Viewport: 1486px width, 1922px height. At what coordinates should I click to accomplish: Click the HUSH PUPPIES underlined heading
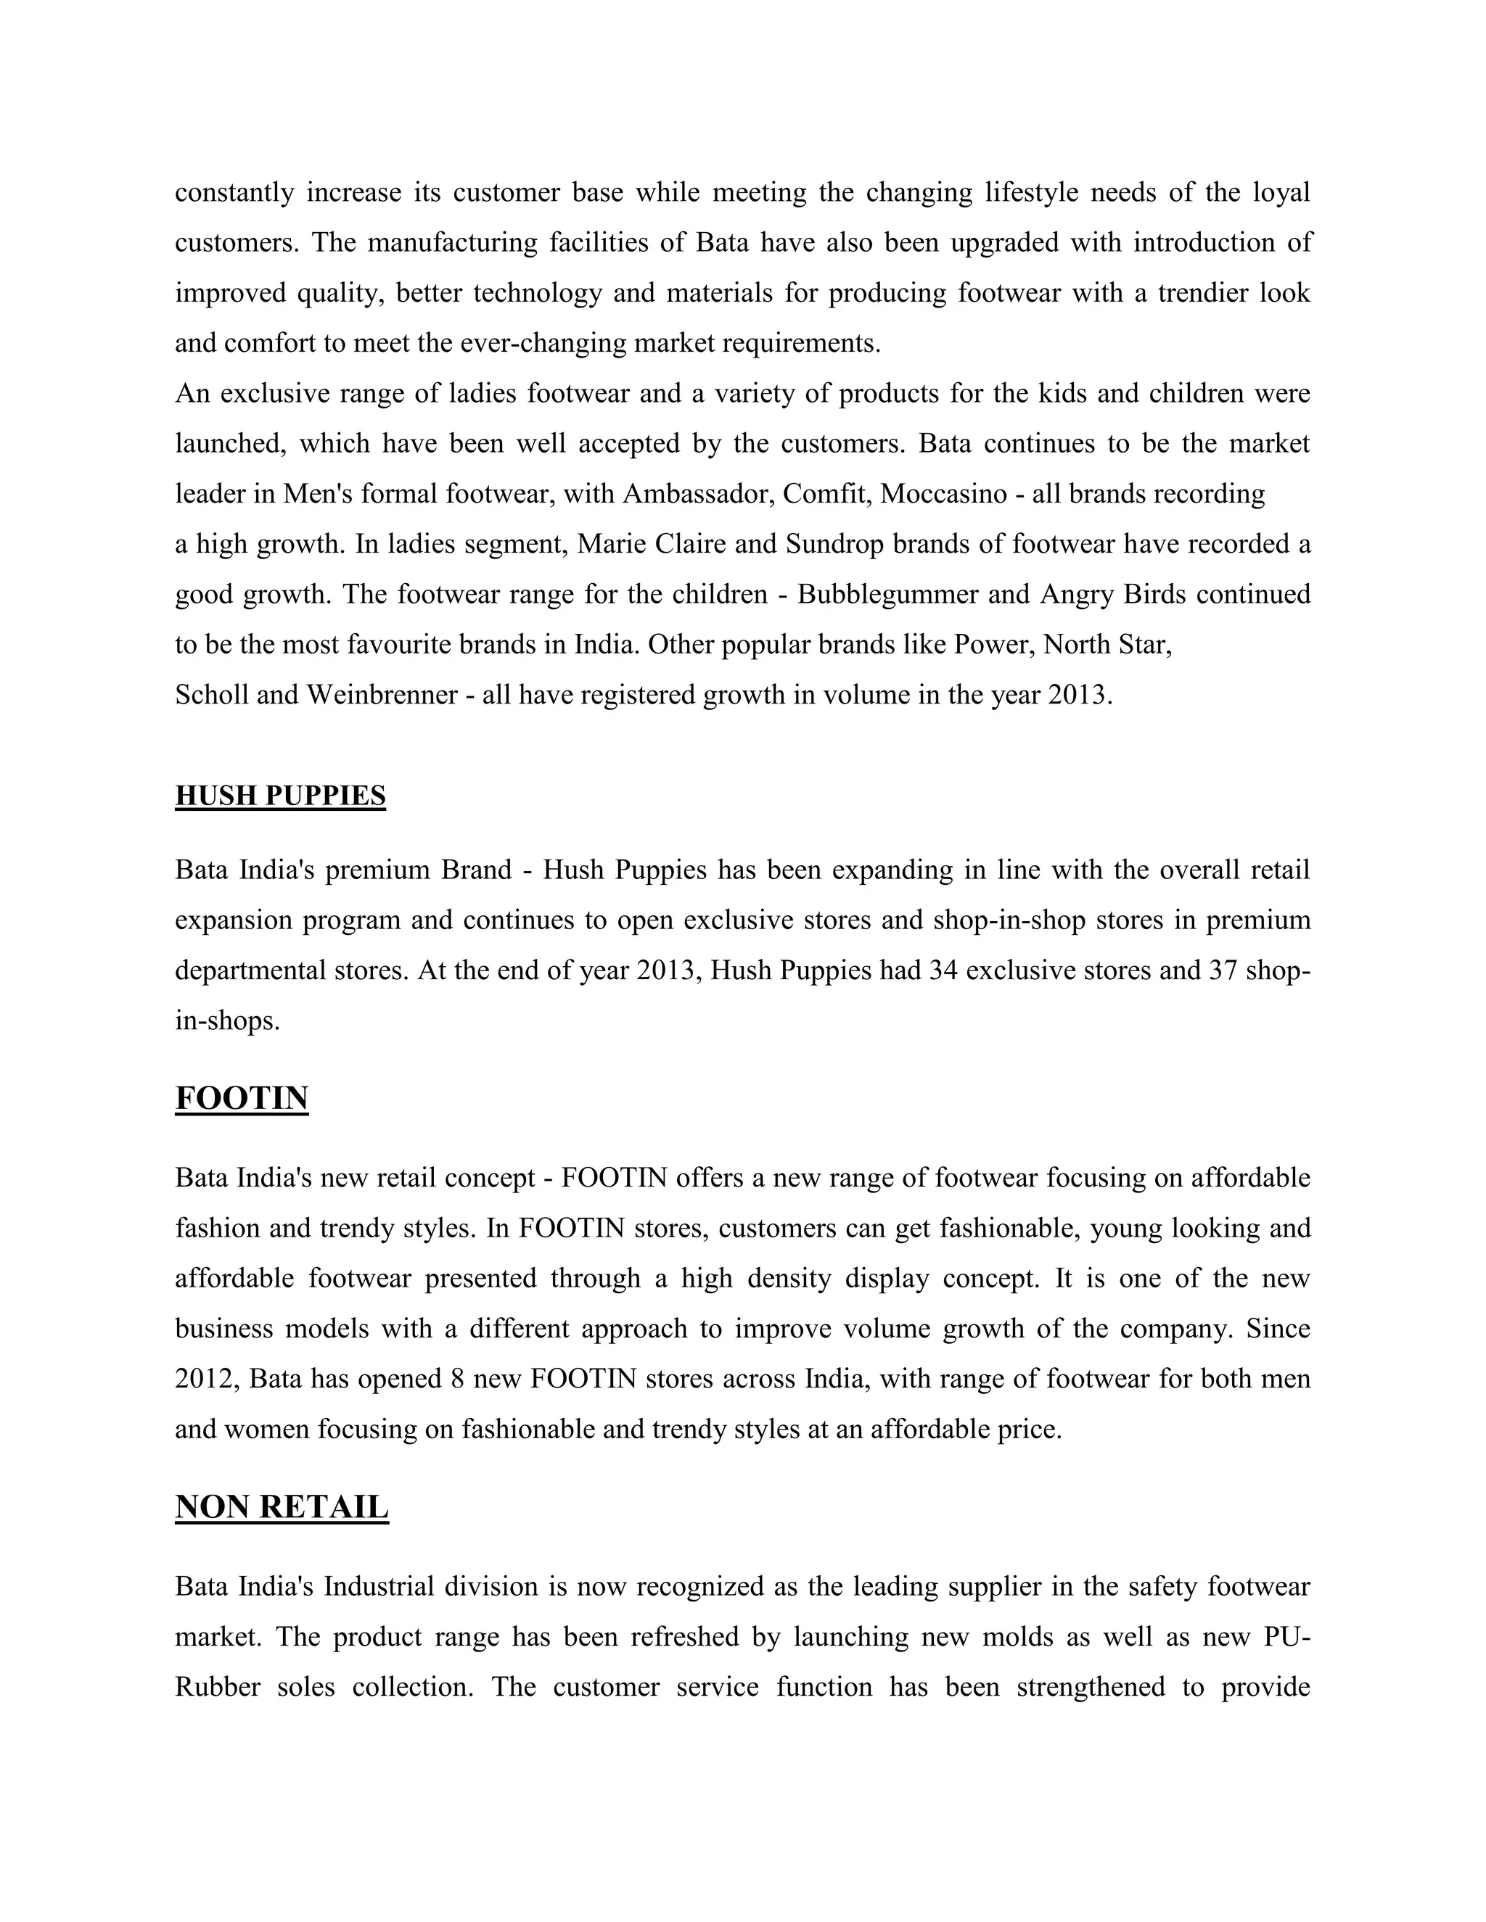pyautogui.click(x=280, y=796)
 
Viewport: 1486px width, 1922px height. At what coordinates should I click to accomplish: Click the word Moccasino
pyautogui.click(x=943, y=494)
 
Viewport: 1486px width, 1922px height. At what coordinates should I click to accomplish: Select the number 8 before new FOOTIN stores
pyautogui.click(x=457, y=1378)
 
